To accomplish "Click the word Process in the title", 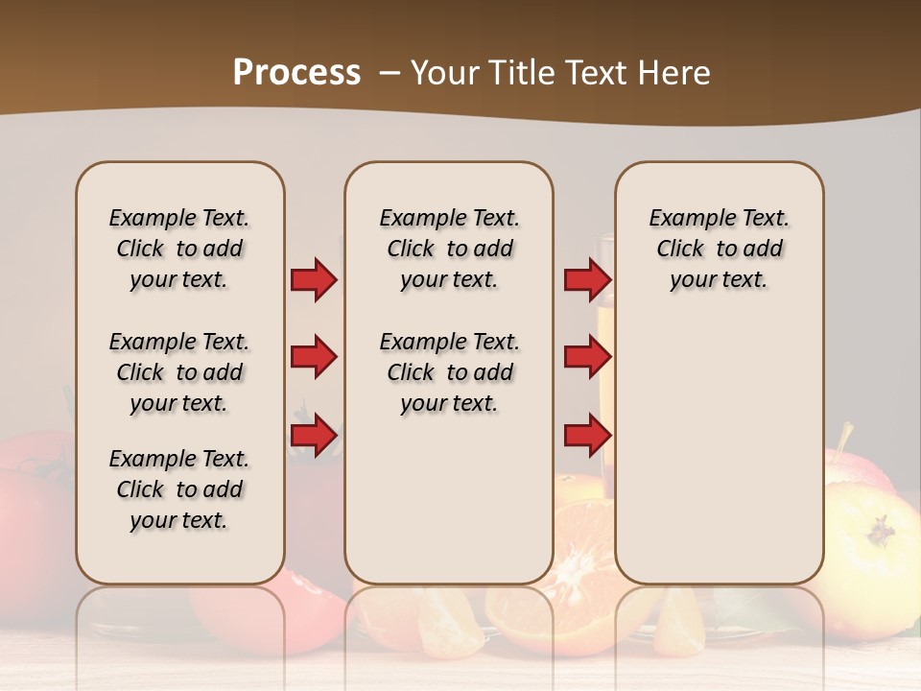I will [x=296, y=73].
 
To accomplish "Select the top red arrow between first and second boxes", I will [x=314, y=280].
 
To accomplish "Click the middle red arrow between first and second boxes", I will [x=314, y=357].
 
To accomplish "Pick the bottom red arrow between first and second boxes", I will [x=314, y=435].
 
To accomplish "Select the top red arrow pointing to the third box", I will [x=587, y=280].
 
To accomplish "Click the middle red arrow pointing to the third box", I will [x=587, y=357].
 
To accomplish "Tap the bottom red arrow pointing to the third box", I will [x=587, y=435].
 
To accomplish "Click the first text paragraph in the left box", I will [x=179, y=249].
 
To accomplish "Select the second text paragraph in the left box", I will [x=179, y=372].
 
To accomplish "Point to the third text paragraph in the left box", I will [x=179, y=489].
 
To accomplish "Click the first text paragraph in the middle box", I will [x=449, y=249].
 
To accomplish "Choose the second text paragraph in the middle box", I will [x=449, y=372].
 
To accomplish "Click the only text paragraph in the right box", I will [x=719, y=249].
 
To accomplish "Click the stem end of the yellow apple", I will [x=881, y=528].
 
